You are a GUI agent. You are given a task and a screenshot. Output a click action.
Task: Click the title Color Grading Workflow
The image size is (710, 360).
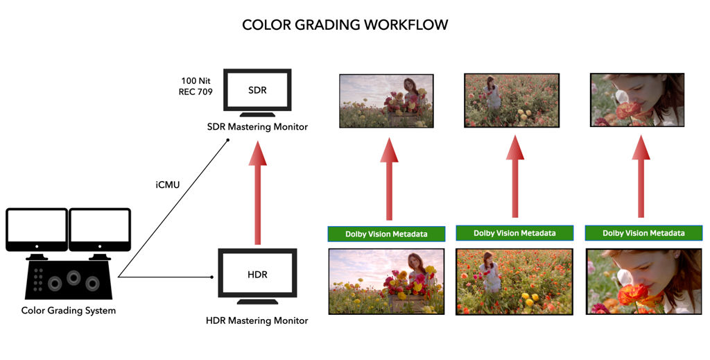345,25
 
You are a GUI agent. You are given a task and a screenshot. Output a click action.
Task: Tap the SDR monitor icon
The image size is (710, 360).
257,92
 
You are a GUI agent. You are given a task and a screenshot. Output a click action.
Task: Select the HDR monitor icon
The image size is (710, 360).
257,275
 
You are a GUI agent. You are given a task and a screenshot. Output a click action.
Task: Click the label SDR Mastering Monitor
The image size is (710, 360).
257,126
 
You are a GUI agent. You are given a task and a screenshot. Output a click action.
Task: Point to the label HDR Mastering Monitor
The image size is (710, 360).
257,320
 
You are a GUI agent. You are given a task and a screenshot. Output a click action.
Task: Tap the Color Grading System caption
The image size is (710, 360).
69,310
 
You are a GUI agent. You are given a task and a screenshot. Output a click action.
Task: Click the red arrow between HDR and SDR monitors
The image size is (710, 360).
257,192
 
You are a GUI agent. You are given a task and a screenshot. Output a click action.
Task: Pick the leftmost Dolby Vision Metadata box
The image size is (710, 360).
387,234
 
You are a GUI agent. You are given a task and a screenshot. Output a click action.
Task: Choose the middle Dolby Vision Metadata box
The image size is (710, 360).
514,233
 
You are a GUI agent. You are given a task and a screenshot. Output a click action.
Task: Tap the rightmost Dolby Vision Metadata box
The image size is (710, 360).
643,233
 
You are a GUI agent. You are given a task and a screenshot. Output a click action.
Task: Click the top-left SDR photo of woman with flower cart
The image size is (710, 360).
386,101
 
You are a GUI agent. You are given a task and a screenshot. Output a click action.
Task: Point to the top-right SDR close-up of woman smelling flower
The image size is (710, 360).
637,101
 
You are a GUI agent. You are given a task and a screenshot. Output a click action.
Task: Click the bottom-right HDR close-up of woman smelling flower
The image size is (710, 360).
643,282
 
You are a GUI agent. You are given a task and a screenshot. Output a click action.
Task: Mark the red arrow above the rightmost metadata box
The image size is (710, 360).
641,176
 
